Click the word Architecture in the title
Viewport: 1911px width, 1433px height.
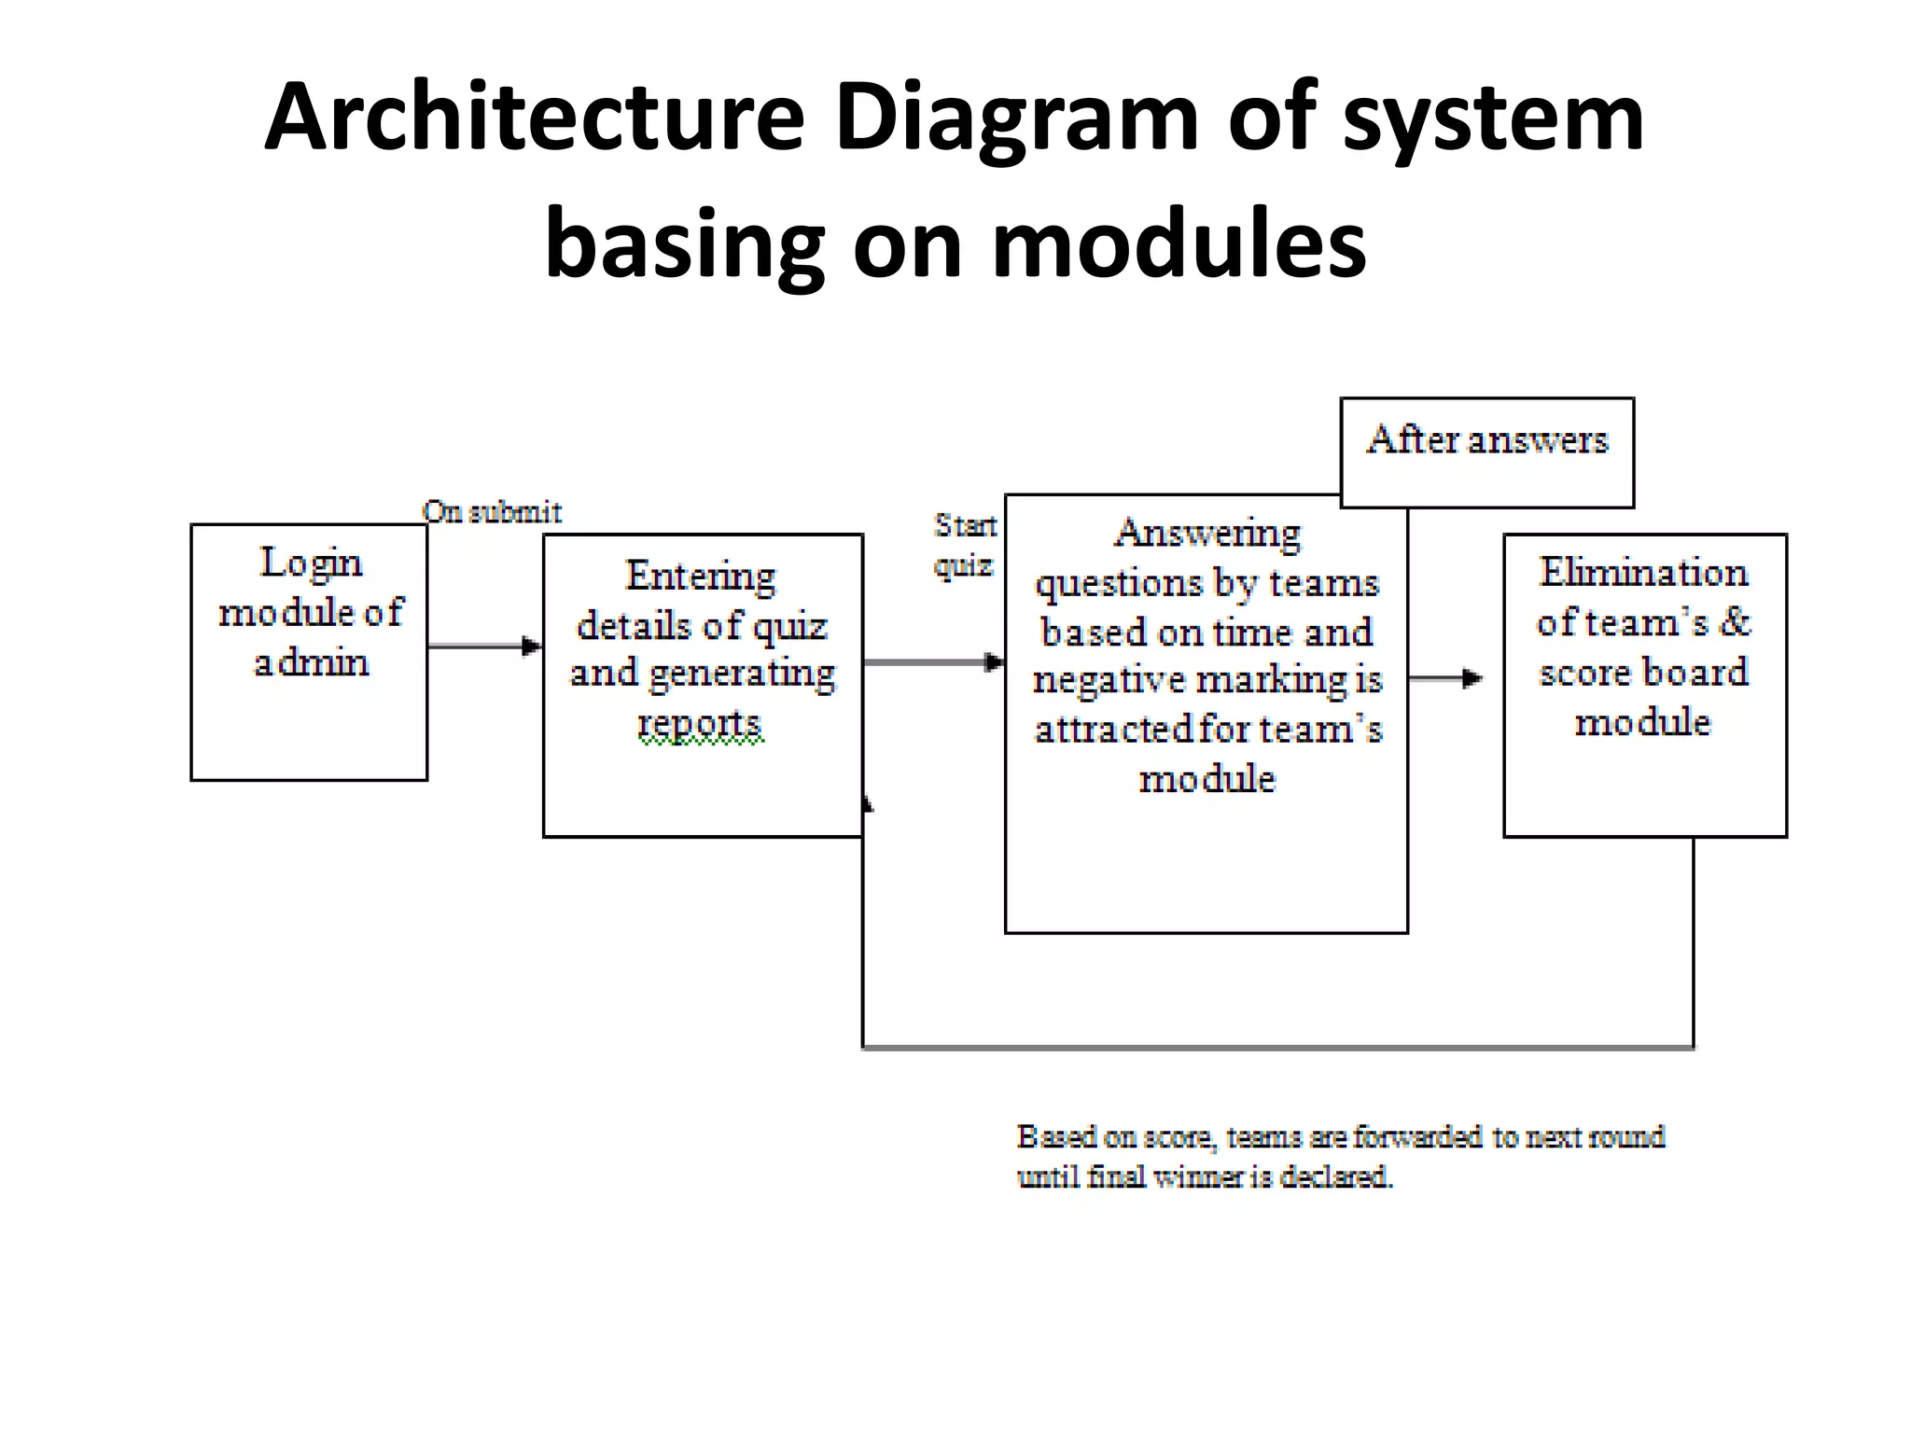point(534,118)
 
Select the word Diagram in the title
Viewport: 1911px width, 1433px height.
point(1015,118)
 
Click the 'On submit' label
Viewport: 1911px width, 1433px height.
point(492,512)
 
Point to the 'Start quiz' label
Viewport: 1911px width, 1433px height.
point(965,546)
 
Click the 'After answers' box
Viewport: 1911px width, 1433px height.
point(1486,452)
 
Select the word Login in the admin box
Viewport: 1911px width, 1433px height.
point(311,563)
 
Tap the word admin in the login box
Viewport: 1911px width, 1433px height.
point(312,663)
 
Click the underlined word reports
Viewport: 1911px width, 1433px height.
point(700,723)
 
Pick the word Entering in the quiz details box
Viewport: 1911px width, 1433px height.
point(700,577)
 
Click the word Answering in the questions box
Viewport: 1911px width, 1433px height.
point(1207,534)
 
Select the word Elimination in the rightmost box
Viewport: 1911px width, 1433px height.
point(1643,573)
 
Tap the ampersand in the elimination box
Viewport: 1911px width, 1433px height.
point(1735,622)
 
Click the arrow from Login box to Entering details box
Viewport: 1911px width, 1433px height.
point(484,646)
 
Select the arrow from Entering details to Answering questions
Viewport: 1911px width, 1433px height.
point(933,662)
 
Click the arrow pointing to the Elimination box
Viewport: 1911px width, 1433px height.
point(1446,678)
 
